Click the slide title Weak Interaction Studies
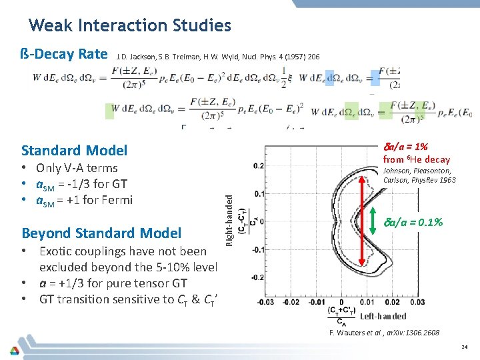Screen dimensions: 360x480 pyautogui.click(x=130, y=25)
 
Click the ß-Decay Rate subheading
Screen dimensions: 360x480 pyautogui.click(x=65, y=53)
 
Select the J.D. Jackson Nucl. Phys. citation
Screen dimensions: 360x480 pyautogui.click(x=218, y=57)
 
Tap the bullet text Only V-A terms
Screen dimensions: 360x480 pyautogui.click(x=77, y=168)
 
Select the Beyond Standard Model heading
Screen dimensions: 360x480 pyautogui.click(x=101, y=233)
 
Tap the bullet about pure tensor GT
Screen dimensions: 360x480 pyautogui.click(x=113, y=283)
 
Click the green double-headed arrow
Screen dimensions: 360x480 pyautogui.click(x=374, y=222)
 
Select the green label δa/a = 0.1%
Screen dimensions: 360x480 pyautogui.click(x=414, y=222)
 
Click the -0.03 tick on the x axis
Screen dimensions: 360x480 pyautogui.click(x=266, y=302)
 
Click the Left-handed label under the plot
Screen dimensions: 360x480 pyautogui.click(x=383, y=317)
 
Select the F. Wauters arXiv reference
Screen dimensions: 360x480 pyautogui.click(x=385, y=333)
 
